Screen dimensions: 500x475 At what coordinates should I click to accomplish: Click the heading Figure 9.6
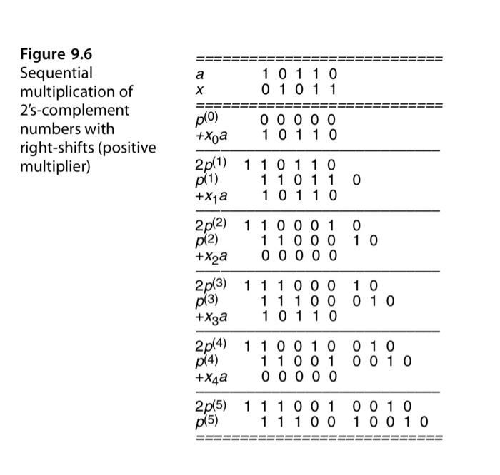click(56, 54)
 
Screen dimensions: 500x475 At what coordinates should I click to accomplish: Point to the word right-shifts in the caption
click(54, 148)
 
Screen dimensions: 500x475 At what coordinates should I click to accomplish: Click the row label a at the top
click(200, 74)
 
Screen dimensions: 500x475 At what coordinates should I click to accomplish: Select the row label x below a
click(200, 91)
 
